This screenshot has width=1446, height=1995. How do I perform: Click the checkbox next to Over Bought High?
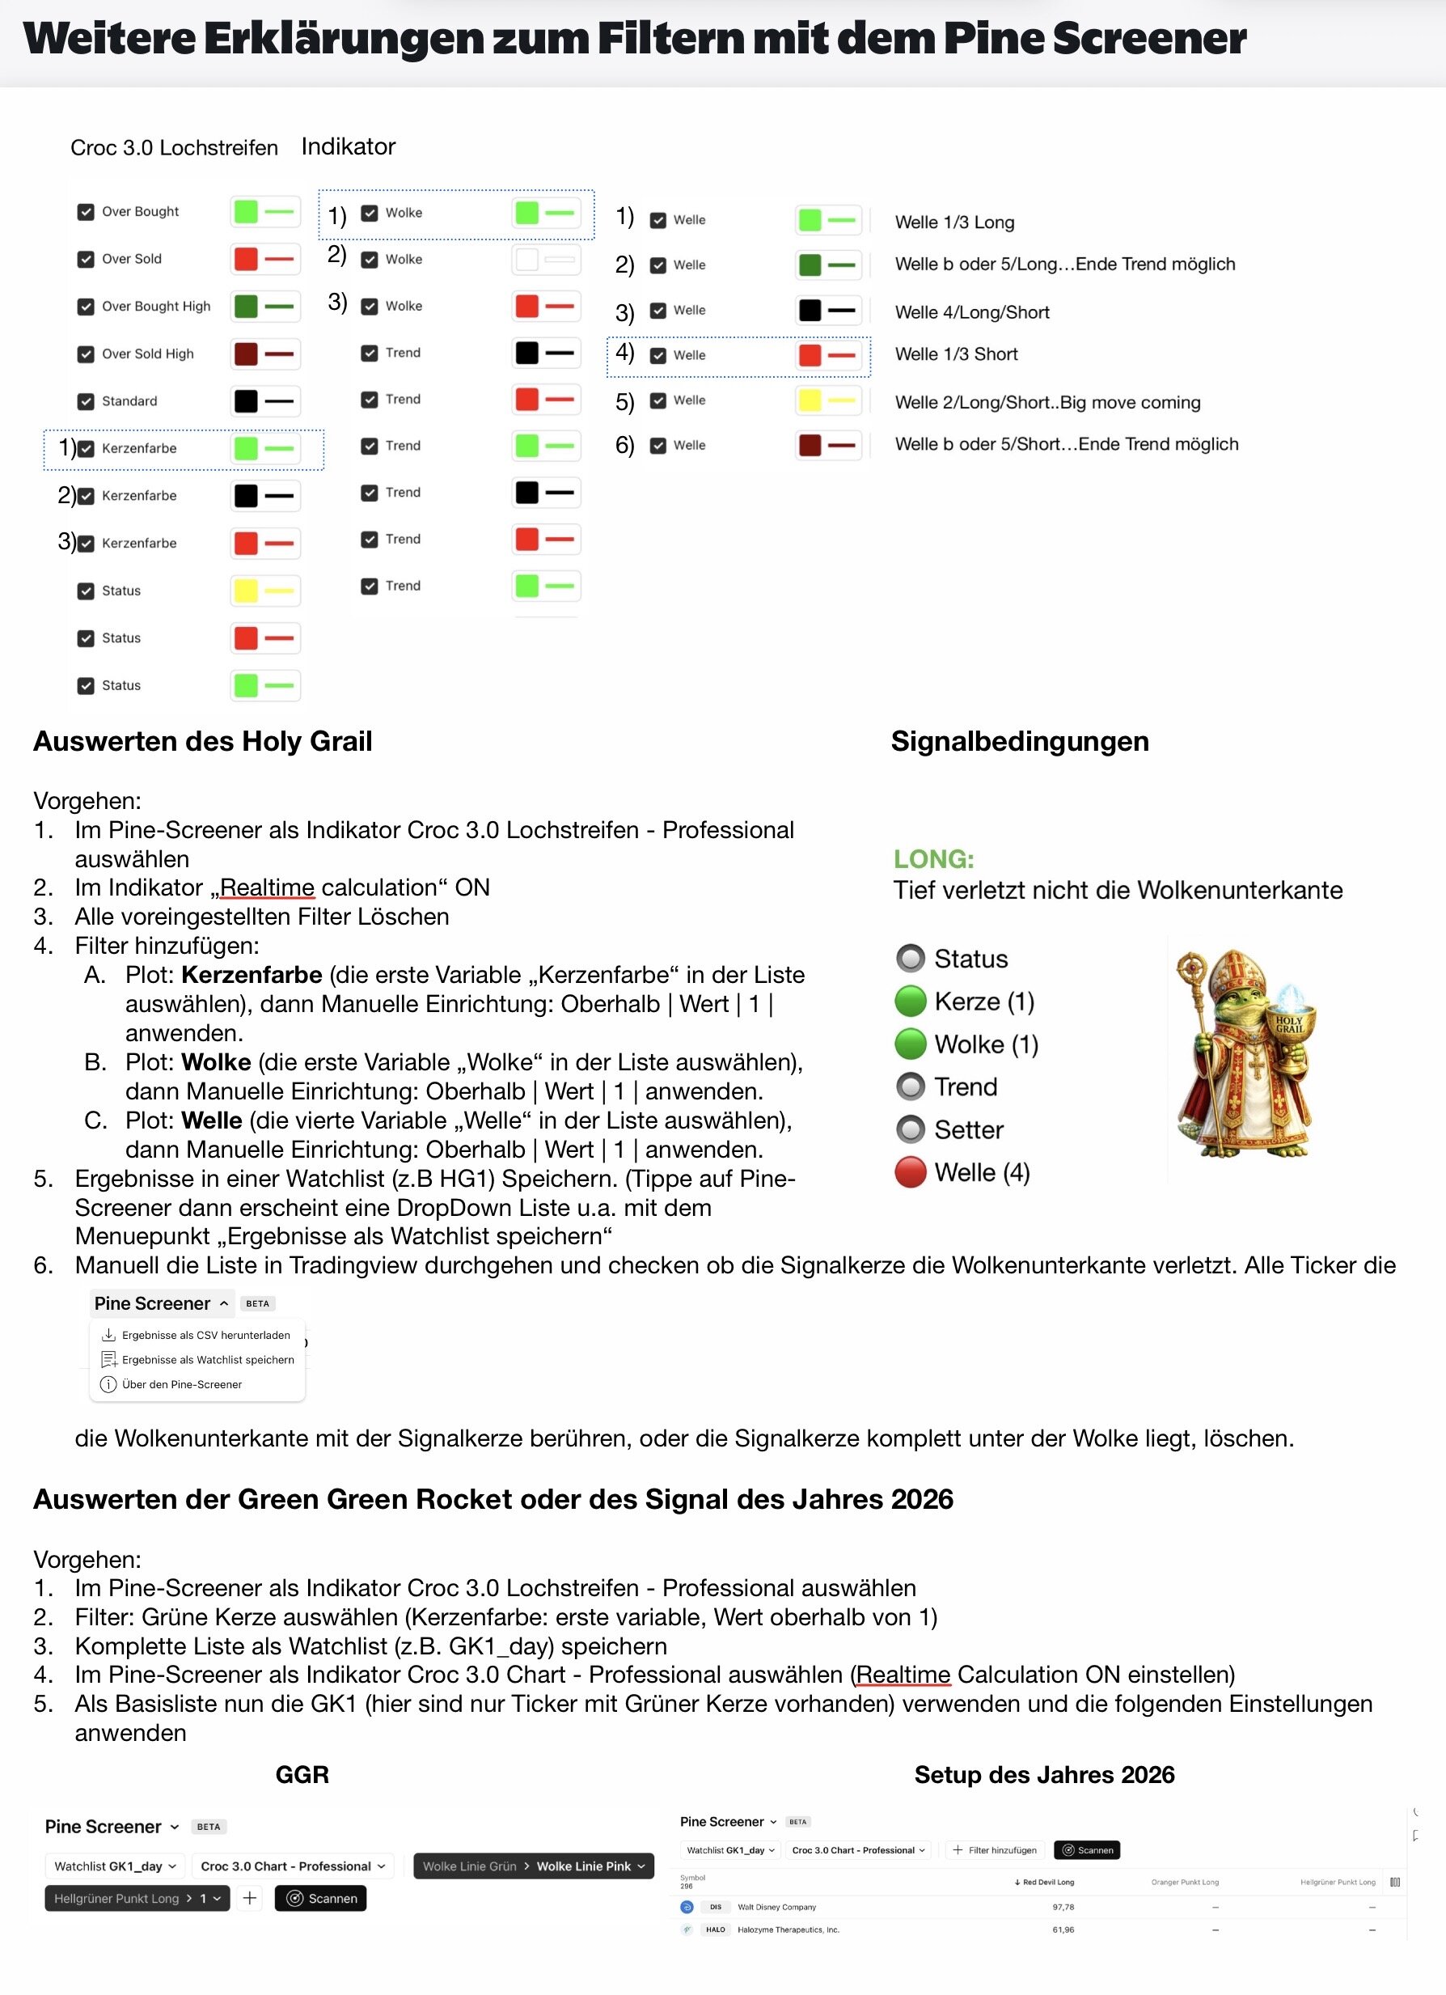(85, 306)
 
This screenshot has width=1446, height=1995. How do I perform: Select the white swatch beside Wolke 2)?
(526, 260)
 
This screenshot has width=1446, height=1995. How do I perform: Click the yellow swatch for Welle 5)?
(810, 400)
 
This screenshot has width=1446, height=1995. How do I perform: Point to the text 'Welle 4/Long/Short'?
(972, 312)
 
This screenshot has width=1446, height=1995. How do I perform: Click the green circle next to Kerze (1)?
(911, 1001)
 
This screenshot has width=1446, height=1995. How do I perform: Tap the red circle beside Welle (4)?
(911, 1171)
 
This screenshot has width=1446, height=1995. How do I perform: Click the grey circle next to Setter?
(911, 1129)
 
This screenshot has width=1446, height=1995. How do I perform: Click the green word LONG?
(933, 858)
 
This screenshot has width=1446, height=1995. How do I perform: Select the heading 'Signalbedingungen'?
(1020, 741)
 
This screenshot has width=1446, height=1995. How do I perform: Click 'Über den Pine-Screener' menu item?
(181, 1383)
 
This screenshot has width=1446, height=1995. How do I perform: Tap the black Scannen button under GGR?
(321, 1897)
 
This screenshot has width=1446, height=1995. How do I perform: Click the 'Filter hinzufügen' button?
(995, 1849)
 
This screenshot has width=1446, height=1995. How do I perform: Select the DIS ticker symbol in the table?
(716, 1906)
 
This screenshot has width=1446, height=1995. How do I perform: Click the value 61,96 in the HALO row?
(1063, 1929)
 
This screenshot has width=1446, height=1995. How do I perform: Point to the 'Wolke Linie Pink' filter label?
(583, 1866)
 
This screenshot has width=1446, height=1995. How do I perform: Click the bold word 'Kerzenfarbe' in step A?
(252, 975)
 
